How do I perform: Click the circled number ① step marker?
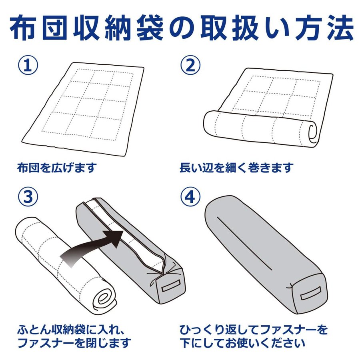tap(28, 65)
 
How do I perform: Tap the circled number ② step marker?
tap(190, 65)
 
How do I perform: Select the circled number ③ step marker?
tap(28, 197)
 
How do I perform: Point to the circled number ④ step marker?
tap(190, 197)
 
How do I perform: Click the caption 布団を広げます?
tap(57, 168)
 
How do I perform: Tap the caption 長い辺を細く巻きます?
tap(236, 168)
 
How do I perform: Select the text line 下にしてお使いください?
tap(242, 343)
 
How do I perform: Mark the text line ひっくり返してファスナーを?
tap(254, 330)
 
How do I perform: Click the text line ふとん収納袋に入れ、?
tap(71, 330)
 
